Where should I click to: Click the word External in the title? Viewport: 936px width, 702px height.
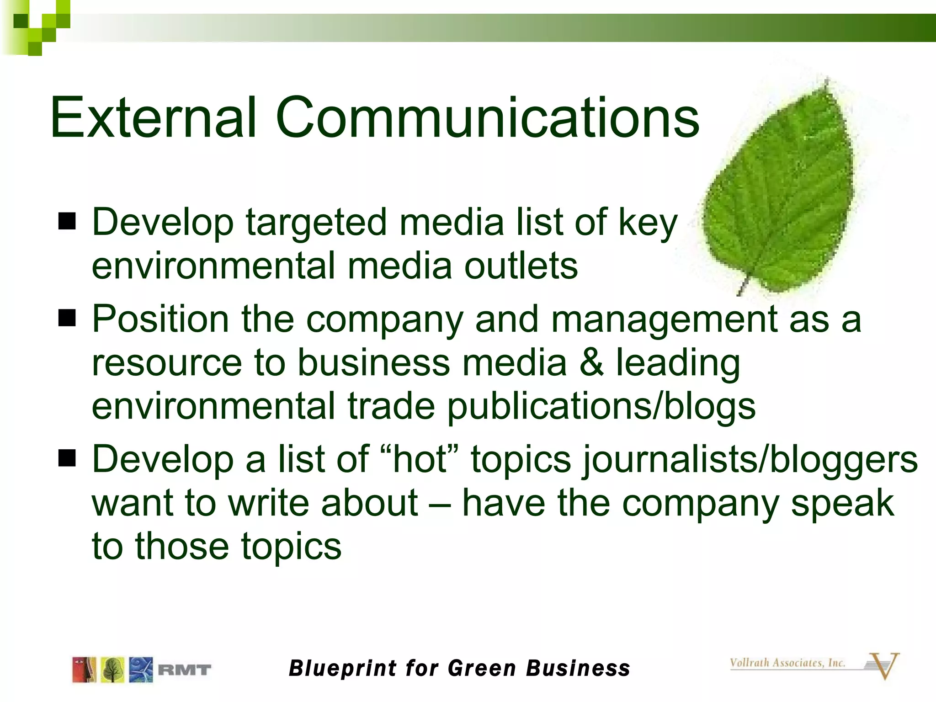tap(153, 117)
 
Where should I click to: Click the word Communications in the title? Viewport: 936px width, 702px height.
tap(487, 117)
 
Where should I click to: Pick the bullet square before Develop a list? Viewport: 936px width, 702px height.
tap(67, 458)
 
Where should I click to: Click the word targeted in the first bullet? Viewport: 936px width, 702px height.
tap(316, 223)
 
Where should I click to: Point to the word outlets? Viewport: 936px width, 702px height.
tap(521, 266)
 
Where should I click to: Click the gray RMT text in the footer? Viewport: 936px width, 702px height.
tap(184, 670)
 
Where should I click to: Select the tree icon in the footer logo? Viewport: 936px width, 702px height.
tap(112, 670)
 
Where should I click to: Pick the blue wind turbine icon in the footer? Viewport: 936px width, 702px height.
tap(141, 670)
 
